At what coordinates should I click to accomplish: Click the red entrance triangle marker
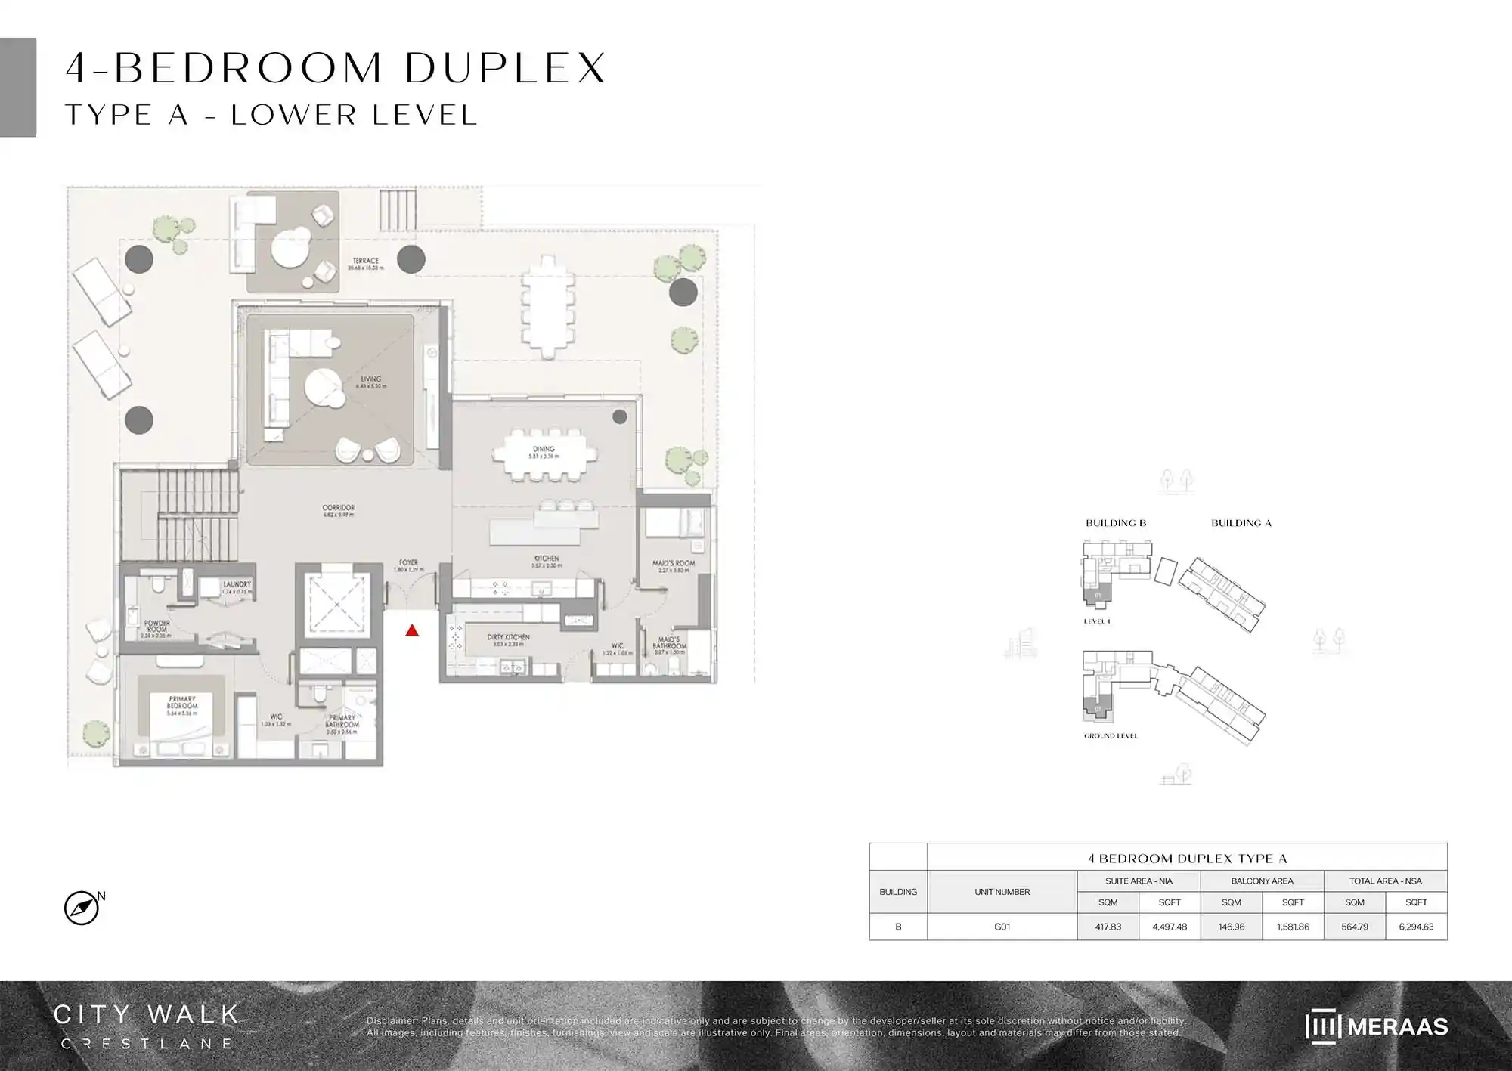tap(412, 630)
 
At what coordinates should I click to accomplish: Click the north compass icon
tap(82, 908)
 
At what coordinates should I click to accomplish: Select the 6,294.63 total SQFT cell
tap(1416, 927)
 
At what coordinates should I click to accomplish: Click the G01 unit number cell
tap(1002, 927)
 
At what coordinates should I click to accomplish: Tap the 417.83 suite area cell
tap(1108, 927)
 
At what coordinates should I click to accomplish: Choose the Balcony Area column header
tap(1262, 881)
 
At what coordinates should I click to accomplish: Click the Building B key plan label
tap(1116, 523)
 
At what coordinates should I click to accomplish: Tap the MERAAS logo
tap(1376, 1026)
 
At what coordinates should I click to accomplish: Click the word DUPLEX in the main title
tap(505, 68)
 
